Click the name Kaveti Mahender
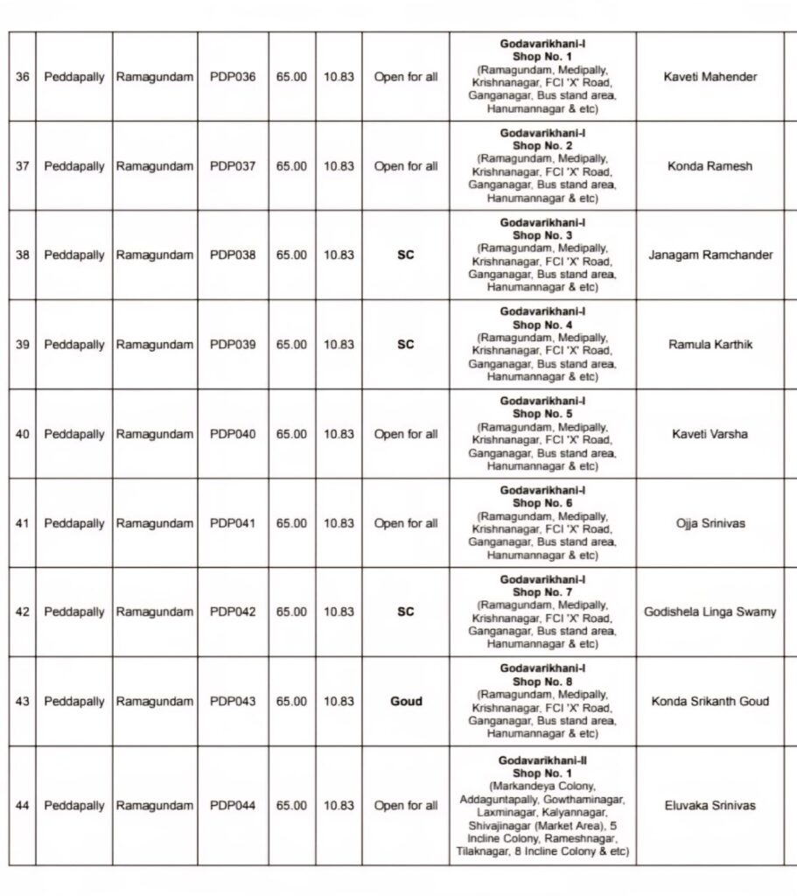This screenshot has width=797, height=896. point(710,77)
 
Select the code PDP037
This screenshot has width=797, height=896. point(233,166)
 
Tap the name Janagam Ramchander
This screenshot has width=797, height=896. point(710,255)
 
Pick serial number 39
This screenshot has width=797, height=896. point(23,345)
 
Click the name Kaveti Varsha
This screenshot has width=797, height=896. point(710,434)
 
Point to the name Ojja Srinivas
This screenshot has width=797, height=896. point(710,523)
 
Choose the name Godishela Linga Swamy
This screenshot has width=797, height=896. point(710,612)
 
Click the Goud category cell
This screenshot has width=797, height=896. point(406,702)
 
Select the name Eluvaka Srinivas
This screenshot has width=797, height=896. point(710,806)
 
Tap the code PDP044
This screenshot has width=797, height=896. point(233,806)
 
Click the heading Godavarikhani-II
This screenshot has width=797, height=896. point(543,761)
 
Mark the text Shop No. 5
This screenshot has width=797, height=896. point(543,413)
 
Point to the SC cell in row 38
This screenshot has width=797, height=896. point(406,255)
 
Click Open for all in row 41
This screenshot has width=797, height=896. point(406,523)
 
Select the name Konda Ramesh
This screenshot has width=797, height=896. point(710,166)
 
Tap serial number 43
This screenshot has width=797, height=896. point(23,702)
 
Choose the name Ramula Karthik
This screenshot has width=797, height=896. point(710,345)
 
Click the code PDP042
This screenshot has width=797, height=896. point(233,612)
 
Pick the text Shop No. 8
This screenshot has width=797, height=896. point(543,681)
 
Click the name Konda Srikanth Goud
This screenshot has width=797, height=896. point(710,702)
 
